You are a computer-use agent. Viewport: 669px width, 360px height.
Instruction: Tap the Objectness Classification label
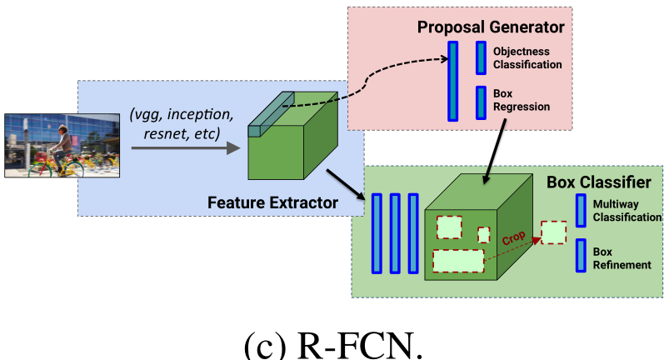click(x=527, y=57)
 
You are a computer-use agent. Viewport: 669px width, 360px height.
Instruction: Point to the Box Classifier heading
click(x=598, y=181)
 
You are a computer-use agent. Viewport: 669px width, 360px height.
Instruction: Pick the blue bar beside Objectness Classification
click(x=481, y=57)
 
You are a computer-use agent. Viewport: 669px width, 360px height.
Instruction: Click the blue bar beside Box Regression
click(x=481, y=102)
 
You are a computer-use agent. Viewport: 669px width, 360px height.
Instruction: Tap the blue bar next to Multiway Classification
click(x=580, y=211)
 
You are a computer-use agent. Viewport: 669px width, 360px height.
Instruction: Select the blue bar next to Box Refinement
click(x=580, y=256)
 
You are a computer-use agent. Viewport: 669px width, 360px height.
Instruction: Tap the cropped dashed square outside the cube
click(x=553, y=232)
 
